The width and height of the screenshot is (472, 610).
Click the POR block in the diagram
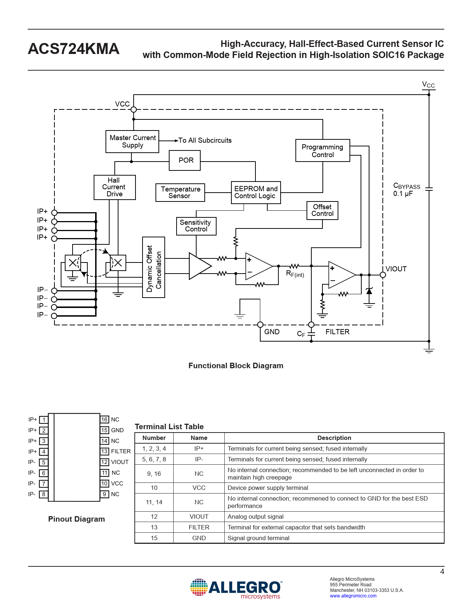point(185,160)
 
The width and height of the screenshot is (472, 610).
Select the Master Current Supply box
point(132,142)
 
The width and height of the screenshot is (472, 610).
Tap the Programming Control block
point(322,150)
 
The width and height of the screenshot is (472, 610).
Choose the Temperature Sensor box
point(180,193)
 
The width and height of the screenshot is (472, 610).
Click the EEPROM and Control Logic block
point(255,193)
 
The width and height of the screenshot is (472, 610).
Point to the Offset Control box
point(322,210)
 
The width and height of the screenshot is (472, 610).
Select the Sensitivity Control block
point(196,226)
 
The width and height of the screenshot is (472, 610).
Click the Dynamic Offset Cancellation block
point(154,267)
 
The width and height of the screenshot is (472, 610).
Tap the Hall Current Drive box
point(114,187)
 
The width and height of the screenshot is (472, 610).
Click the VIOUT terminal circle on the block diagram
point(383,275)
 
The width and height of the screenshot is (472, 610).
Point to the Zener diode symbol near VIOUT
point(369,291)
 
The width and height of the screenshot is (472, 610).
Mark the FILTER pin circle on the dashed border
point(311,325)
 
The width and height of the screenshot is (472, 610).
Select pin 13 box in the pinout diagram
point(104,451)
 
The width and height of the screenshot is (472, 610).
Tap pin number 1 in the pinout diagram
point(44,420)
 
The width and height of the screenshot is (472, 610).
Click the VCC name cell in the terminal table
point(199,488)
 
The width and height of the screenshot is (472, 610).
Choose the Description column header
point(334,438)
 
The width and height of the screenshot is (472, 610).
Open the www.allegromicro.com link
point(353,596)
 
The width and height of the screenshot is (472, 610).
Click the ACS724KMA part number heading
point(74,48)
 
